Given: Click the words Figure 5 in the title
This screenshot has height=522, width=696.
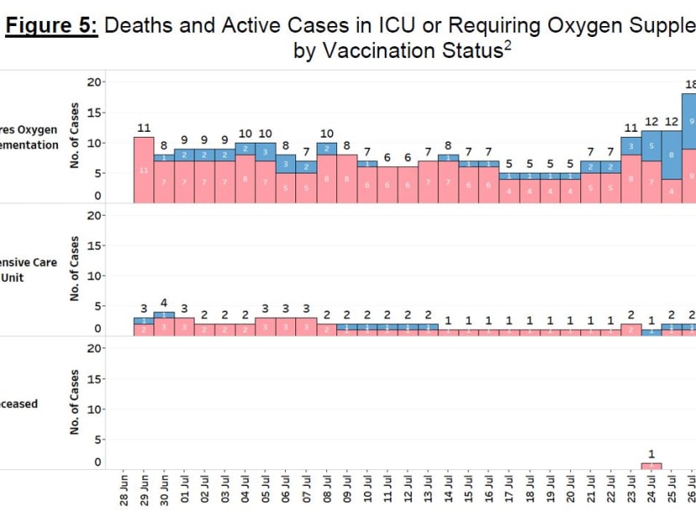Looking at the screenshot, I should [52, 25].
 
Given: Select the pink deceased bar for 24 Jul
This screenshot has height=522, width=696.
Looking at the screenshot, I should [651, 465].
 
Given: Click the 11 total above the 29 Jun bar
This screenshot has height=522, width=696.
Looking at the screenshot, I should [143, 128].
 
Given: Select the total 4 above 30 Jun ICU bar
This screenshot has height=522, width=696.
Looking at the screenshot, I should [164, 303].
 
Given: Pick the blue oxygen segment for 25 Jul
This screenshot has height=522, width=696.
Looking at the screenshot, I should [671, 154].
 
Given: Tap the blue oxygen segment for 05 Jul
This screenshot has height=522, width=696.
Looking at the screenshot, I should [265, 152].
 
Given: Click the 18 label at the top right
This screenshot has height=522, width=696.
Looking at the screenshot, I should [690, 84].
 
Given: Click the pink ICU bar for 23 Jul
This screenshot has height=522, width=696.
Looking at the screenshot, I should [631, 330].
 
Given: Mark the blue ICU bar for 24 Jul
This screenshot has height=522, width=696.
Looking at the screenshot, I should [651, 331].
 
